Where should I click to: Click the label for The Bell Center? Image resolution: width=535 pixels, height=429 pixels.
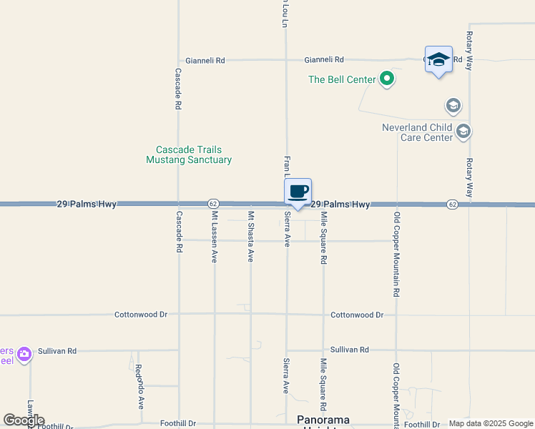(x=342, y=79)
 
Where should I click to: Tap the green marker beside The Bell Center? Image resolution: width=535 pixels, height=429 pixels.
(x=387, y=79)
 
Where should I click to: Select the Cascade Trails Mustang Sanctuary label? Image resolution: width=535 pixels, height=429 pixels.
(x=189, y=155)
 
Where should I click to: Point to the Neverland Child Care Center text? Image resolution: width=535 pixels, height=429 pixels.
(x=417, y=132)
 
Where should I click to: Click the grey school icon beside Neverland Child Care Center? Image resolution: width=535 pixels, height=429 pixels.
(x=463, y=131)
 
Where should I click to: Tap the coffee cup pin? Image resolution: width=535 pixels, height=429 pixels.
(x=298, y=192)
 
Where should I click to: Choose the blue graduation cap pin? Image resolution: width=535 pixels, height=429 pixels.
(x=438, y=60)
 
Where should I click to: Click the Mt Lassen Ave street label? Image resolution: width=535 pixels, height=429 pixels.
(x=214, y=237)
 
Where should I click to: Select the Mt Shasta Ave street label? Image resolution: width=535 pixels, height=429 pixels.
(x=250, y=237)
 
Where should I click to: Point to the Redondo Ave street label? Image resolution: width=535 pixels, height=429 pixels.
(x=139, y=386)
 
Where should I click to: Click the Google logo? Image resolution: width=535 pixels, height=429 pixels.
(x=24, y=420)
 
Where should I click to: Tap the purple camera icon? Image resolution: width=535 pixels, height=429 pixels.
(x=24, y=353)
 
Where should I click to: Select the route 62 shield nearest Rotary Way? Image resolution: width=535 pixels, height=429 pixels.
(x=452, y=204)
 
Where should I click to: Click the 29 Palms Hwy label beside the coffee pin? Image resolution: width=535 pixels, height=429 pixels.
(x=340, y=204)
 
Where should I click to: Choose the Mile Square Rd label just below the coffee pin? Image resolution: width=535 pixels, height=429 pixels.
(x=323, y=237)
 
